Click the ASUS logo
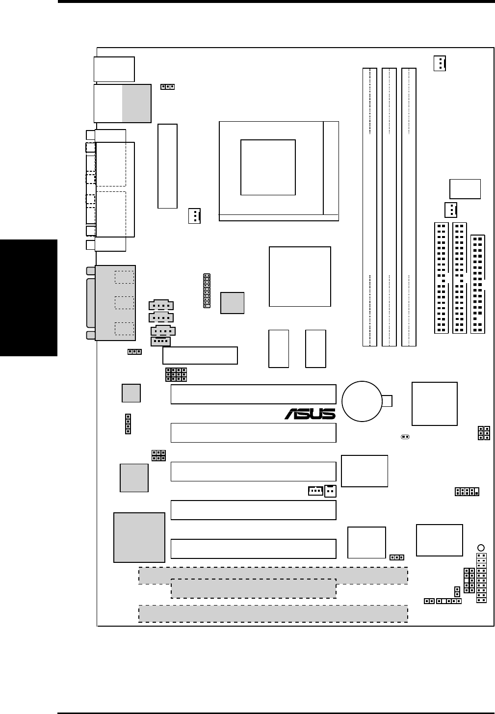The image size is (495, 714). [x=310, y=414]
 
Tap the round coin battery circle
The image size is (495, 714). [x=362, y=401]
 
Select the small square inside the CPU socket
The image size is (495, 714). [x=268, y=167]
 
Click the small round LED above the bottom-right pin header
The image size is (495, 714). [x=481, y=548]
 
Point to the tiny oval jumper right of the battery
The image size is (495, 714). [x=405, y=436]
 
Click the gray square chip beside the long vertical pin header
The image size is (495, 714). [x=232, y=303]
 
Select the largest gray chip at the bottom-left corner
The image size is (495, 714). [x=139, y=537]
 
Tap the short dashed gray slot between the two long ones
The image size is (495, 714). [x=253, y=588]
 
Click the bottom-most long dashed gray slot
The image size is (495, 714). [x=273, y=613]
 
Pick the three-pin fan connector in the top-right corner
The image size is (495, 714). [x=440, y=63]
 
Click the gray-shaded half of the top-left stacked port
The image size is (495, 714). [x=136, y=103]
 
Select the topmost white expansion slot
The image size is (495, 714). [x=253, y=394]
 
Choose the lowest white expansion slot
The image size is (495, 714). [x=253, y=548]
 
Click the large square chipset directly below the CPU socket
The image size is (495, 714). [x=300, y=277]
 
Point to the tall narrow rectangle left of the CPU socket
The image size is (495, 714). [x=167, y=166]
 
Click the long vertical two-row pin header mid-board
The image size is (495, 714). [x=207, y=291]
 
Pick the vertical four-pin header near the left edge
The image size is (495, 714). [x=128, y=424]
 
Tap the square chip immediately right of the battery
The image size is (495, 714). [x=434, y=403]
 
